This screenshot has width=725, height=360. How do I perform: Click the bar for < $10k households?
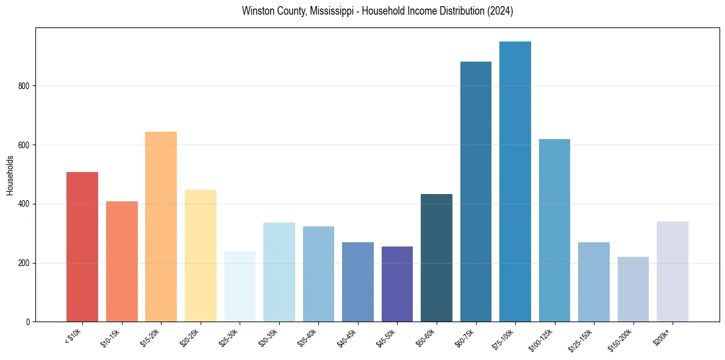tap(82, 247)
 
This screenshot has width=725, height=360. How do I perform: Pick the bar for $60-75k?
tap(476, 192)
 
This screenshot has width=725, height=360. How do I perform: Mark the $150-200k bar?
tap(633, 289)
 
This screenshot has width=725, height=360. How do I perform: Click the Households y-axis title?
tap(10, 175)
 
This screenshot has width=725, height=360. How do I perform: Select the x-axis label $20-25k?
tap(191, 338)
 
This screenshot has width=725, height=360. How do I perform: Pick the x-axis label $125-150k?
tap(582, 340)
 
